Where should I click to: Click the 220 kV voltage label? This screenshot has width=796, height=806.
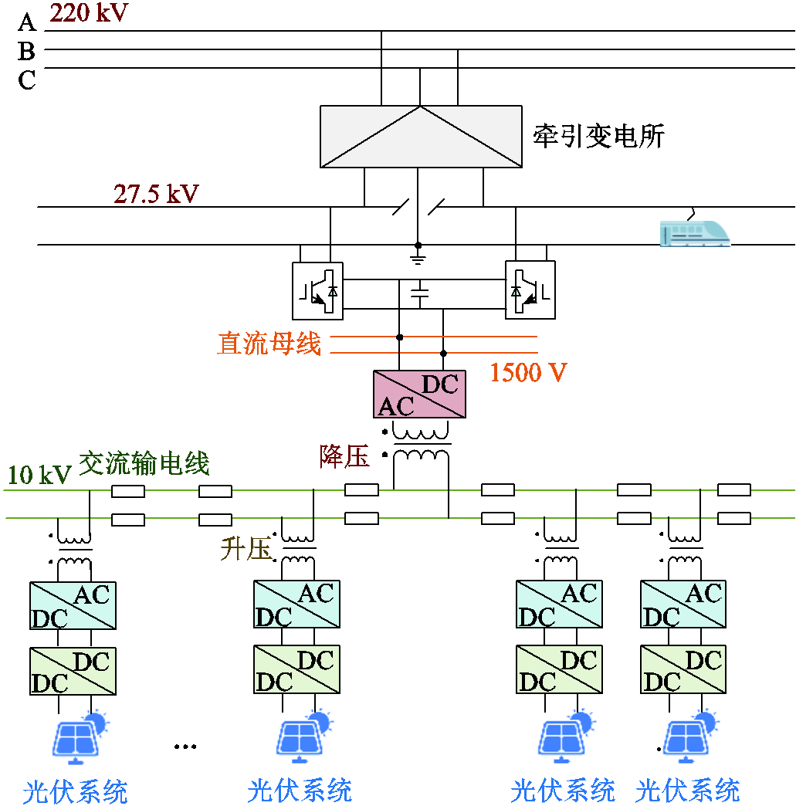[90, 13]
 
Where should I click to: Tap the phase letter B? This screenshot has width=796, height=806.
[27, 52]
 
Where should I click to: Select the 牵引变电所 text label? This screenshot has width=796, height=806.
[598, 136]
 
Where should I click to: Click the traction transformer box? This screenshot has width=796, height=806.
[421, 137]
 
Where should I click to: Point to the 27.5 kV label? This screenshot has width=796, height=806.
[156, 194]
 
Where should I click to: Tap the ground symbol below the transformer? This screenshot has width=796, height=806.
[418, 254]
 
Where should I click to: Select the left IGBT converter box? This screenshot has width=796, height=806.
[317, 290]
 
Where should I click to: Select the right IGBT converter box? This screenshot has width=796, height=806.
[530, 290]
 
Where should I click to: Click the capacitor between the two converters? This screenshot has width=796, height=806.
[420, 293]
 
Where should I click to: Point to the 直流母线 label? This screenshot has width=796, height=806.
[269, 344]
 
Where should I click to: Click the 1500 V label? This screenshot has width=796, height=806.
[528, 373]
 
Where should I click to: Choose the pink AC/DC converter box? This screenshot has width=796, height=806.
[419, 395]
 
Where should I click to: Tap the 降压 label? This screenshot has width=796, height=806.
[345, 456]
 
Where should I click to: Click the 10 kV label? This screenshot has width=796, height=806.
[39, 475]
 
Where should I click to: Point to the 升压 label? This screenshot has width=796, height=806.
[246, 550]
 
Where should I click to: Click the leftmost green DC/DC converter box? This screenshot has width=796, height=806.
[73, 672]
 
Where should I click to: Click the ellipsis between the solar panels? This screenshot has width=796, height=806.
[185, 747]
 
